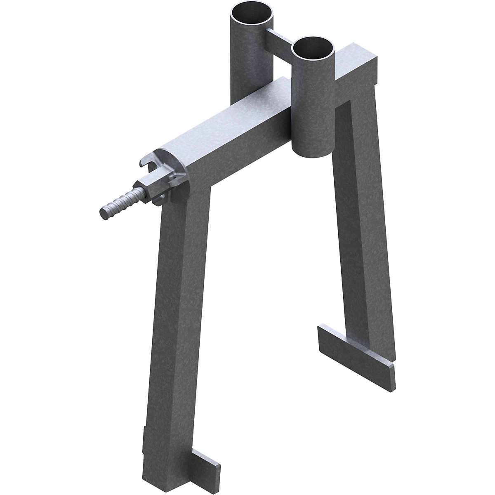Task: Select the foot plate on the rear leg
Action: tap(355, 344)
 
